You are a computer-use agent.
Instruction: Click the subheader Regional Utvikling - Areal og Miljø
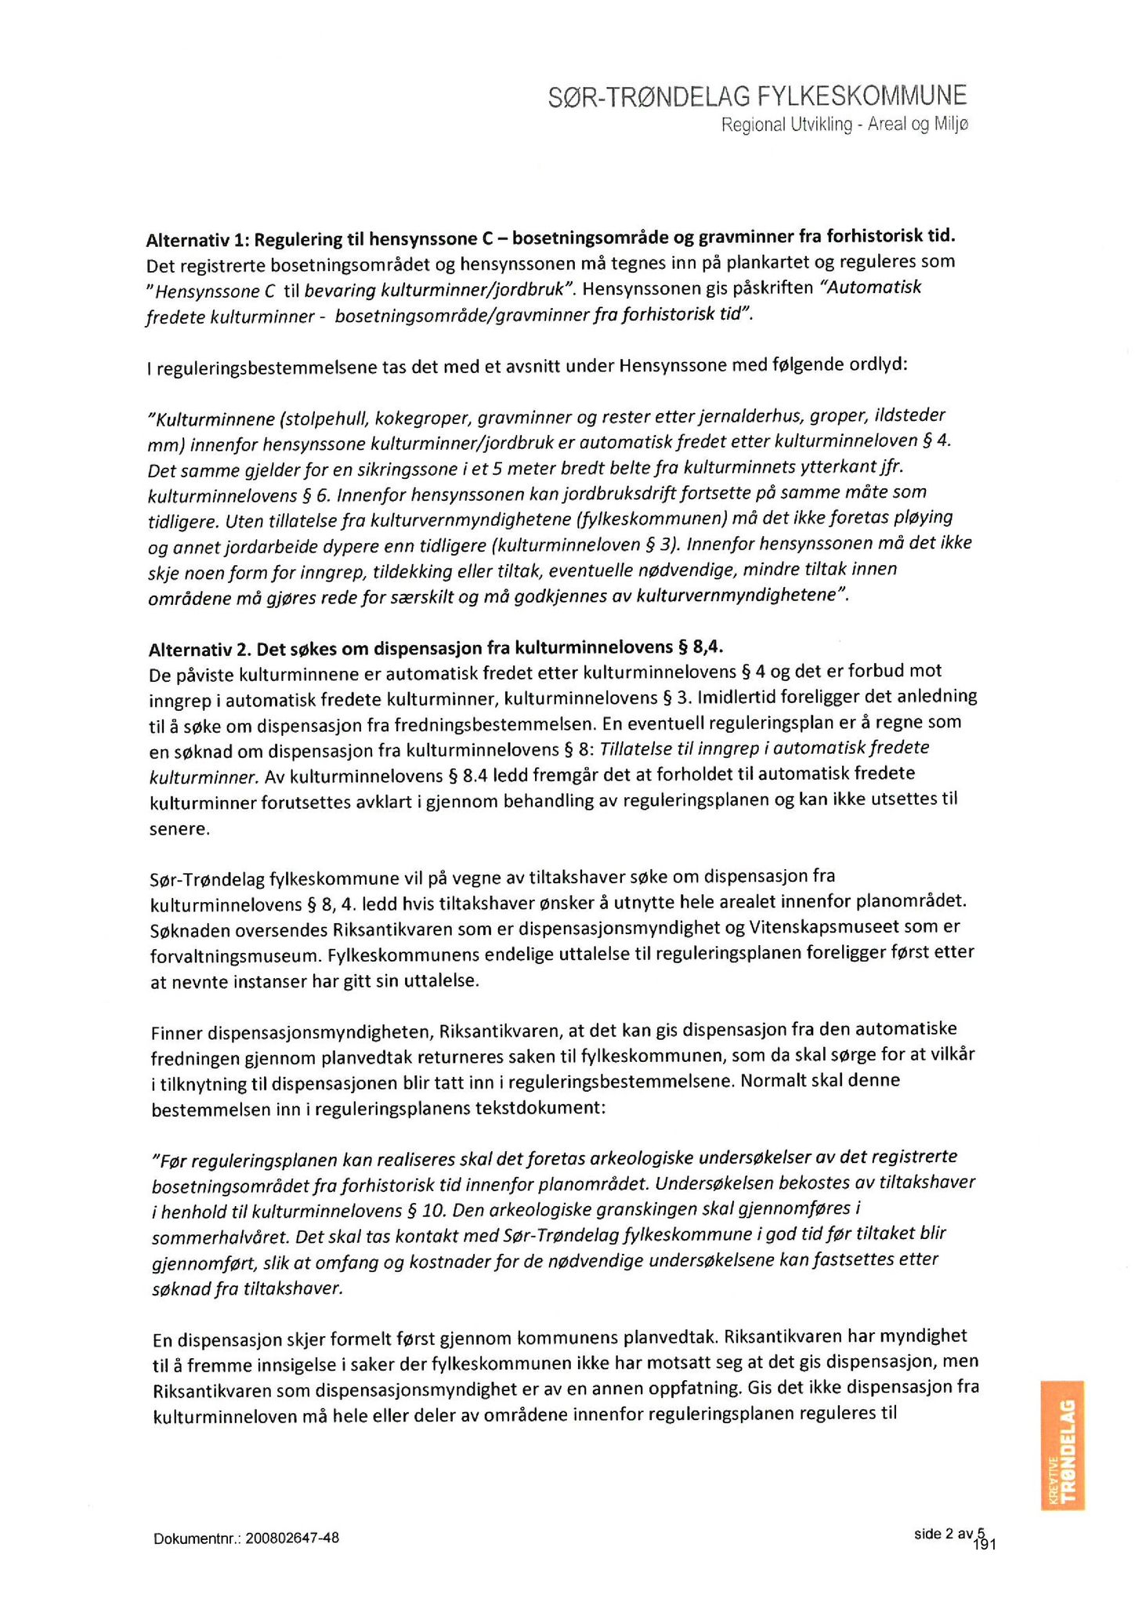[x=844, y=125]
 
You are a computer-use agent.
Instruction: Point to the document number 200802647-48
[x=291, y=1538]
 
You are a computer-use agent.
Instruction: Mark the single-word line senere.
[x=179, y=829]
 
